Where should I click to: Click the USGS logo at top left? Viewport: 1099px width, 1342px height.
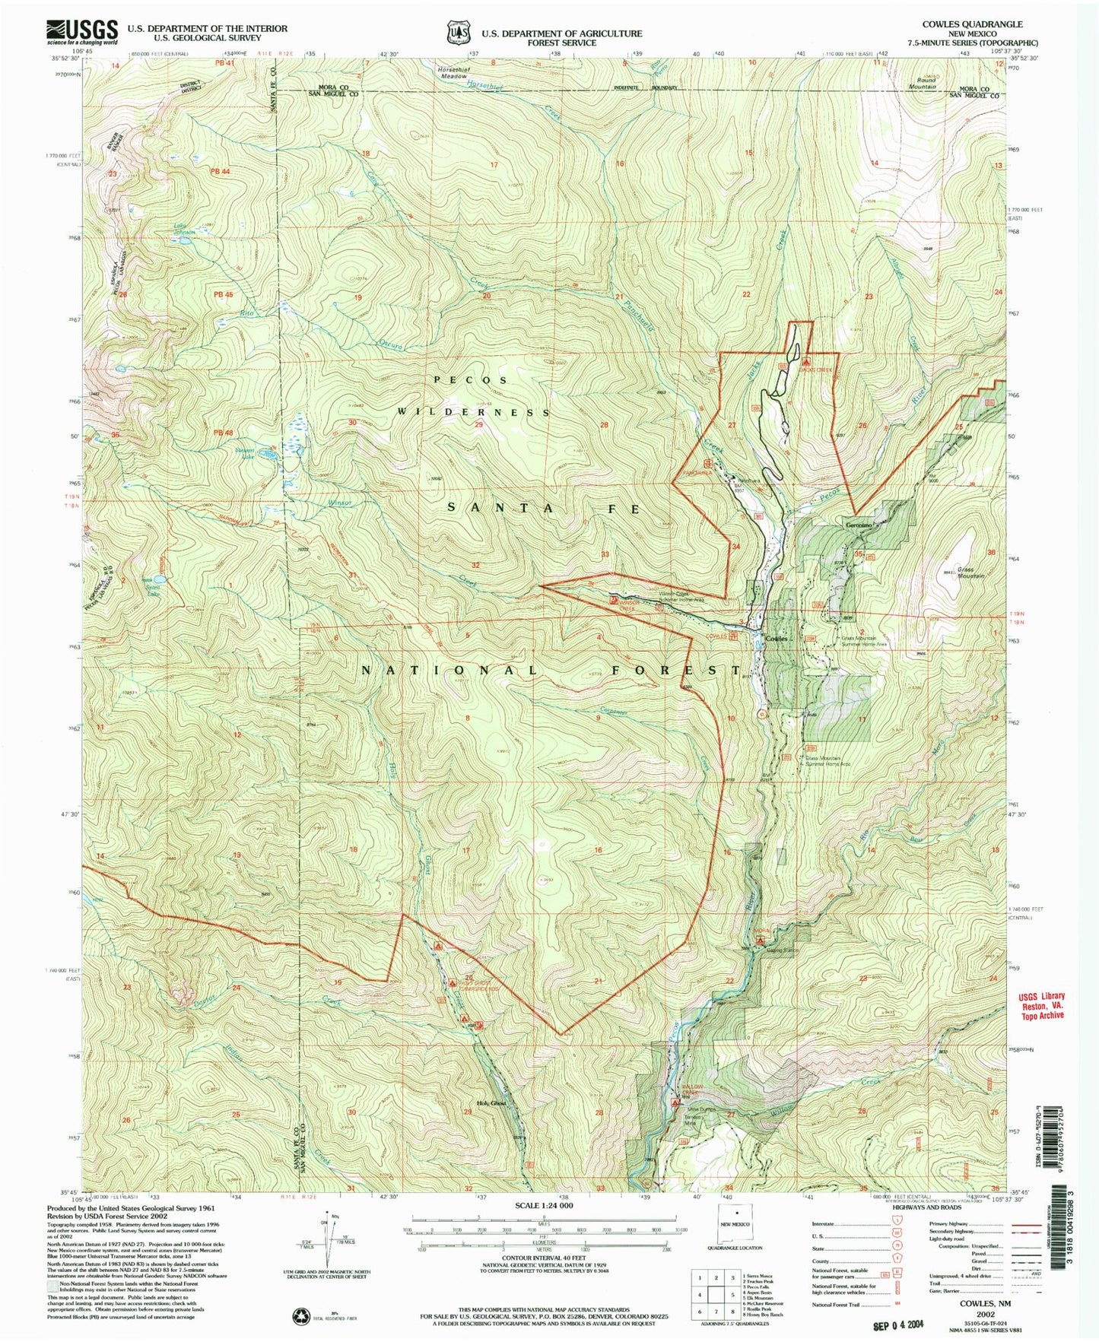[82, 32]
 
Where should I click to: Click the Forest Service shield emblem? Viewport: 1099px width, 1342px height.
[457, 33]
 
